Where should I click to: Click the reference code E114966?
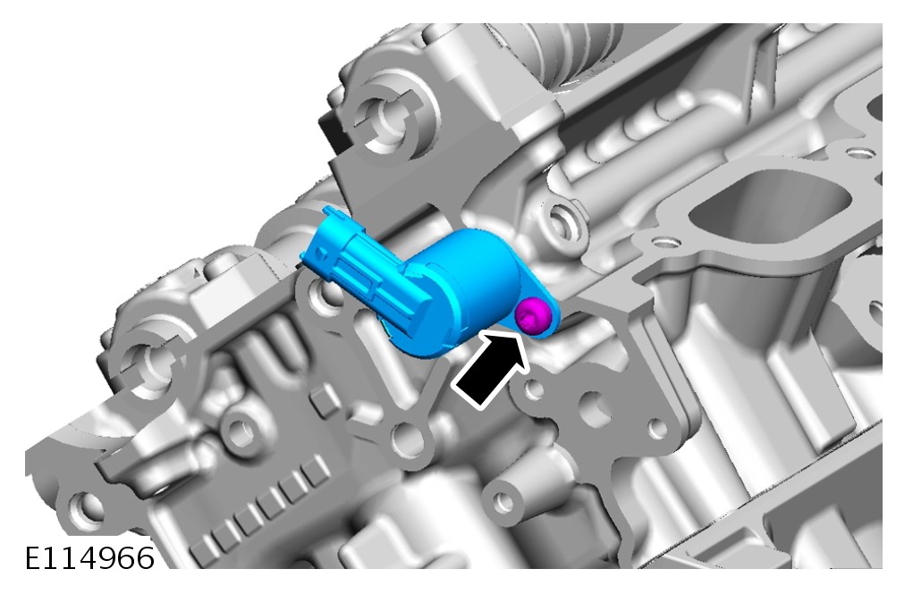pos(89,558)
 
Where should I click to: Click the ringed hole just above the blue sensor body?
pos(561,222)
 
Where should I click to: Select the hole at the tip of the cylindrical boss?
pos(504,502)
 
